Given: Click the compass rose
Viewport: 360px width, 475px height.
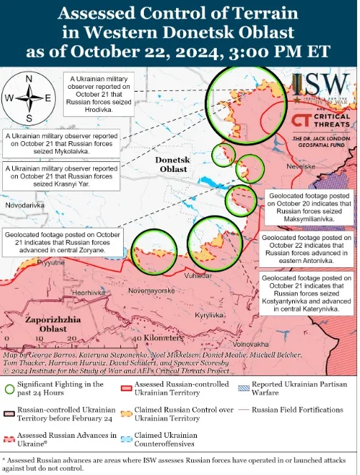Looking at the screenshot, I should pyautogui.click(x=28, y=98).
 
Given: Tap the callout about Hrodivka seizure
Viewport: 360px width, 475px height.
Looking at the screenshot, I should pyautogui.click(x=100, y=93).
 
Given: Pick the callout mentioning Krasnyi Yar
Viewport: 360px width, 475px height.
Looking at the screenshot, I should pyautogui.click(x=61, y=176).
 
